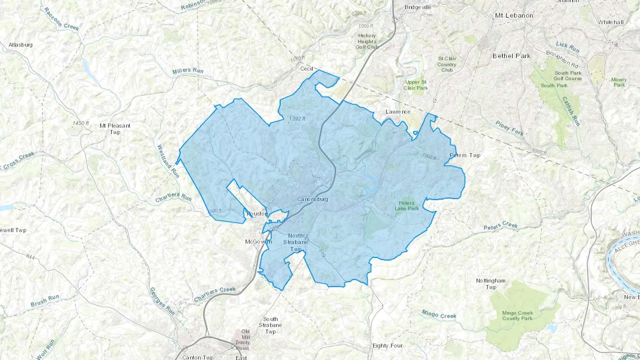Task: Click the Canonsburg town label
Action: coord(313,199)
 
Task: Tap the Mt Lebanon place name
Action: coord(514,16)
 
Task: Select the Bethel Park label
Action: coord(511,56)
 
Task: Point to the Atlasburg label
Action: coord(21,45)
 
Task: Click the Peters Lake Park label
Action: coord(407,206)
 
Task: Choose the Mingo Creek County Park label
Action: coord(517,316)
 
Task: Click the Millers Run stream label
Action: coord(188,71)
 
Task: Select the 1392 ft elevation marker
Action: coord(297,119)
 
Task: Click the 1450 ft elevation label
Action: coord(81,123)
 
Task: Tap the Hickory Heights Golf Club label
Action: coord(367,41)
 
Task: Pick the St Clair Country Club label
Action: coord(447,64)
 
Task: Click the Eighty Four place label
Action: coord(388,345)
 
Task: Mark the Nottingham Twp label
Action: coord(491,284)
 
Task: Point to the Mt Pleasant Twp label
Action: coord(115,129)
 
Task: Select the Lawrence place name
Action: coord(398,112)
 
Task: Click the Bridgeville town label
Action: coord(418,7)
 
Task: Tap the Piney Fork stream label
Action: coord(510,128)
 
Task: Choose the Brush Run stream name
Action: coord(45,301)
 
